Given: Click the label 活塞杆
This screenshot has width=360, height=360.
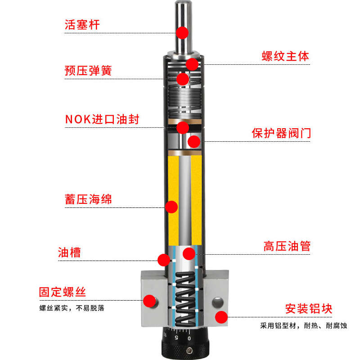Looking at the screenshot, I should pos(82,24).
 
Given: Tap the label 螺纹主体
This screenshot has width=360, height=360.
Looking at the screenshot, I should pos(285,57).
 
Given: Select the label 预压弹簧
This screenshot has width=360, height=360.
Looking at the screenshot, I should pos(88,71).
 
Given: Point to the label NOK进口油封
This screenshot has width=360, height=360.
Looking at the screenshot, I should pos(102,120).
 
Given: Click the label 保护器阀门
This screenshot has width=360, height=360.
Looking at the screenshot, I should pos(281,134).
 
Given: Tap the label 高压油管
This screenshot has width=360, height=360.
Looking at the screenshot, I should pos(287,247).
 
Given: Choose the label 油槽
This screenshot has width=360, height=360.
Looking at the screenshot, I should pos(69,252).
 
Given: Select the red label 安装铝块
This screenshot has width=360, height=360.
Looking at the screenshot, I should pos(309,309).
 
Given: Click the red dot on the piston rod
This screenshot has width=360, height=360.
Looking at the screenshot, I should pos(182,32).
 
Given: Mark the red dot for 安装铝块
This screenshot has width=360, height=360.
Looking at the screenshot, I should pos(221,317).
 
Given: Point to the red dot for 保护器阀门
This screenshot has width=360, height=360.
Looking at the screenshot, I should pos(193,142).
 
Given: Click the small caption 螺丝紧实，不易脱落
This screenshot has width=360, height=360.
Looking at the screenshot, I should pos(74,308).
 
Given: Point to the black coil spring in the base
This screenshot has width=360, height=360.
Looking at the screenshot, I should pos(186,299).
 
